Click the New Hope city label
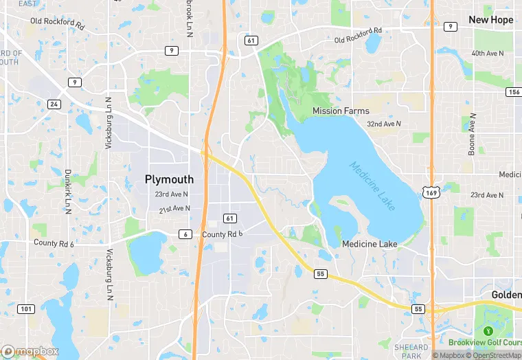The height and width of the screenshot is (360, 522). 490,20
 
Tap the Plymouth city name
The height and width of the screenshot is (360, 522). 169,179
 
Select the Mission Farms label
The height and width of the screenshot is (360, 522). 341,111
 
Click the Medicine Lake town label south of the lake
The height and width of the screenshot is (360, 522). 370,245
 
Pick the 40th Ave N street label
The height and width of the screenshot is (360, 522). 488,54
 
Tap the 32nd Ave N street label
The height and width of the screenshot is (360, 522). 383,124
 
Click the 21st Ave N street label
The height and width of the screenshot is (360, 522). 174,209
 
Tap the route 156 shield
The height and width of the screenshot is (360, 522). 512,92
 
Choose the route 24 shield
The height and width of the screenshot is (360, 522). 54,104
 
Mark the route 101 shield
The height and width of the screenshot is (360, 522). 25,309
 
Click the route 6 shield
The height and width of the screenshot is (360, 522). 185,234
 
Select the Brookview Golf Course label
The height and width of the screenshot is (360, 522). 485,342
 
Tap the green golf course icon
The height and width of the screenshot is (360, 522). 488,331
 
